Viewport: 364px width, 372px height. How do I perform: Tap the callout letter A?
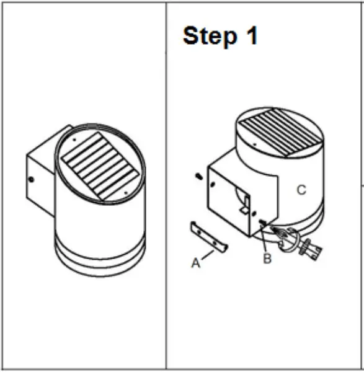point(195,263)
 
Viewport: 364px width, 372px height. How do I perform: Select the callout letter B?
point(267,259)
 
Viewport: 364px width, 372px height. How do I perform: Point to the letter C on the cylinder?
point(301,190)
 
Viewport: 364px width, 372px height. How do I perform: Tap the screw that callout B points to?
point(264,223)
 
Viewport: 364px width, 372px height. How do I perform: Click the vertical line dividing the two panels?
point(166,186)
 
